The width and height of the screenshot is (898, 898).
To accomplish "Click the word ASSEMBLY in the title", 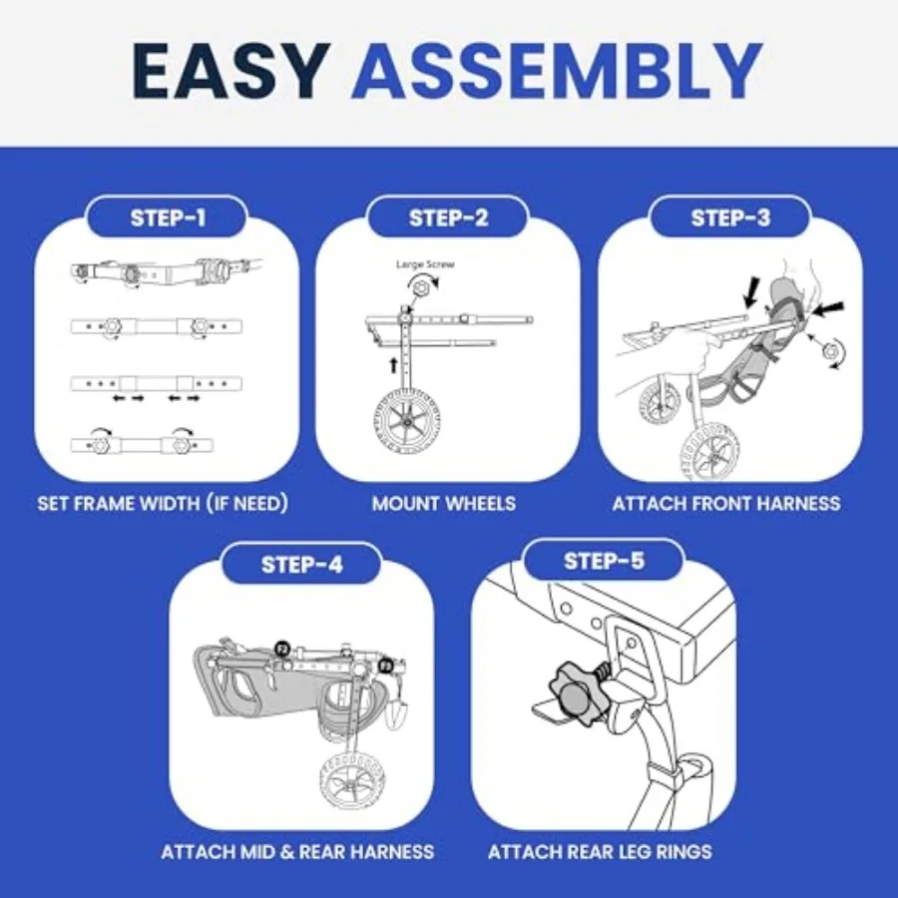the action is pos(557,71).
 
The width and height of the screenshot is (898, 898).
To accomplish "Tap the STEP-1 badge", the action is pos(168,218).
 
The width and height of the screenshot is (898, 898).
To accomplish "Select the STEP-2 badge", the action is pos(448,218).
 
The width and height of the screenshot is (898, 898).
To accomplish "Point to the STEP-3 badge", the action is pos(730,218).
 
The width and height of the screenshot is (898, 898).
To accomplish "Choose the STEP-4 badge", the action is pos(301,565).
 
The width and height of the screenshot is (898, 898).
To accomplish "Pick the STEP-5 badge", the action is pos(605,561).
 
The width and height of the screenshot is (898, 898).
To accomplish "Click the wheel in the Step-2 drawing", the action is pos(407,421).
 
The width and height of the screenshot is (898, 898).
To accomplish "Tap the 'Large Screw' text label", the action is pos(425,264).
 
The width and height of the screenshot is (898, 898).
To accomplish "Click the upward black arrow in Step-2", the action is pos(393,365).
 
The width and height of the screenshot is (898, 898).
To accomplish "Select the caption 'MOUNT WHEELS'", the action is pos(444,504).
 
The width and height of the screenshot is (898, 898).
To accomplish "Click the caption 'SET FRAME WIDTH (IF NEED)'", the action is pos(163,504).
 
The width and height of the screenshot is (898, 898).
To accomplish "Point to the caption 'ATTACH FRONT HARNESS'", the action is pos(726,504).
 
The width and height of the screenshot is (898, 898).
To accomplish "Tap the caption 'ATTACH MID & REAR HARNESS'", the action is pos(297,852).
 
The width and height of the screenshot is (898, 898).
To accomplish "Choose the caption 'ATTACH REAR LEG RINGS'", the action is pos(601,852).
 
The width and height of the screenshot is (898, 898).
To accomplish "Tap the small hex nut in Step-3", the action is pos(830,350).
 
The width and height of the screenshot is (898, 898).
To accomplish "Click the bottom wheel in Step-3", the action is pos(709,451).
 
